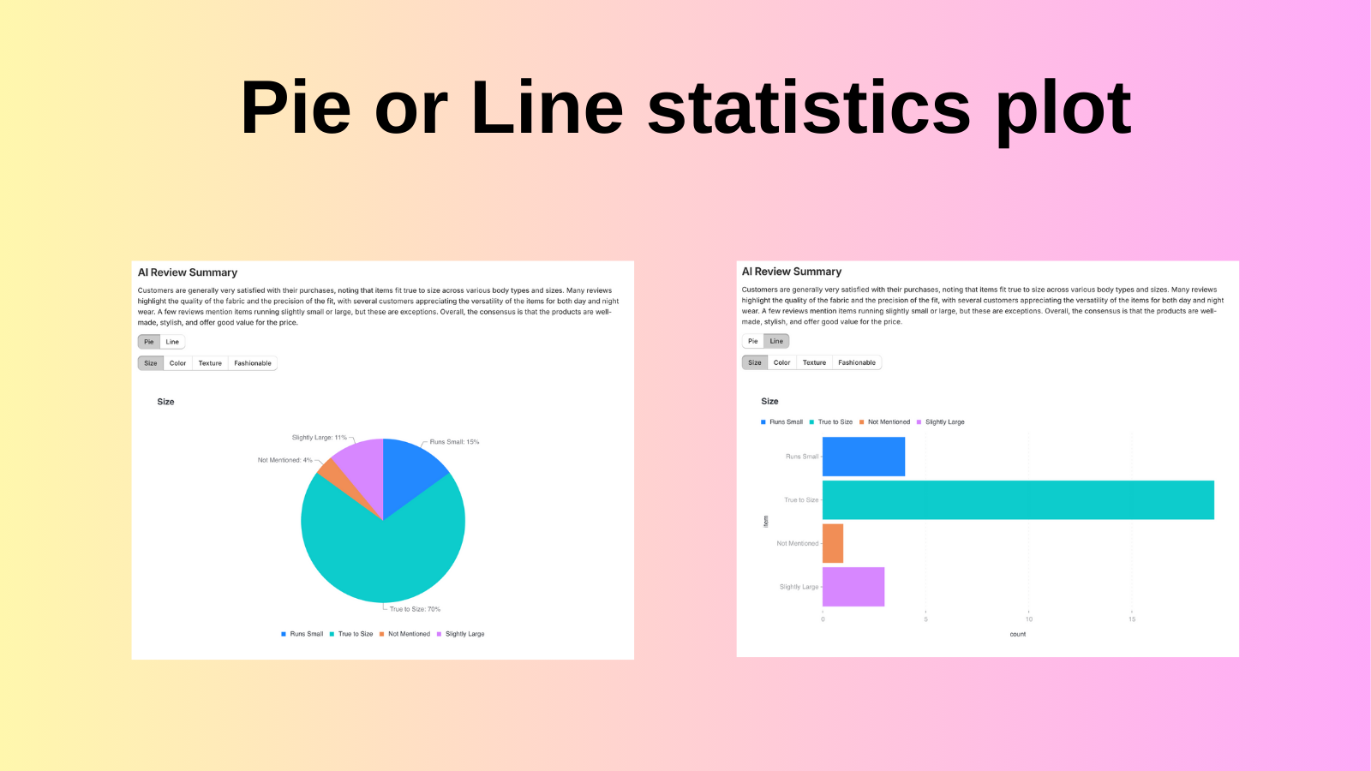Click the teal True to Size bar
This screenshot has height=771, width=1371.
click(1018, 500)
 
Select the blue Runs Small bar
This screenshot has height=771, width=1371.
click(864, 457)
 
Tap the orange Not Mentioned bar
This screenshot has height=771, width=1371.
click(833, 543)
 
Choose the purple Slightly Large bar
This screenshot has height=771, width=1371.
click(853, 587)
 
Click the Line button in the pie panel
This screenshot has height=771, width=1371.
click(172, 342)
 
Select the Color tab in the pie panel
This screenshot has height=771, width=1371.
click(177, 363)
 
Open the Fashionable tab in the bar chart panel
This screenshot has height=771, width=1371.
click(857, 362)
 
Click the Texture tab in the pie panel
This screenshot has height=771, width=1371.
click(210, 363)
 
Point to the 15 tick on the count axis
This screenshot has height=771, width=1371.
click(1132, 619)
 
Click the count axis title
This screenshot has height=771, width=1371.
click(1018, 634)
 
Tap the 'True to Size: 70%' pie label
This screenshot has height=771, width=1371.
click(415, 609)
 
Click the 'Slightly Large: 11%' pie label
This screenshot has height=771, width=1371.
click(319, 438)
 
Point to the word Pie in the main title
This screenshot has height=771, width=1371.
click(296, 108)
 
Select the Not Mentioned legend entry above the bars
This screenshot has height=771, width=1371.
click(889, 422)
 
